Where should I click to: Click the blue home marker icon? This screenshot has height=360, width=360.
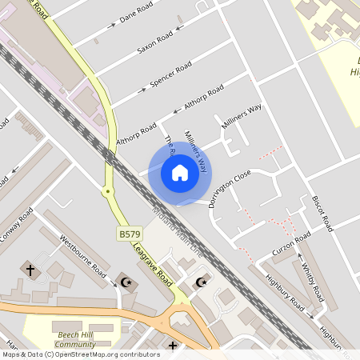click(180, 173)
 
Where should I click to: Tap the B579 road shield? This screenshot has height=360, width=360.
click(130, 234)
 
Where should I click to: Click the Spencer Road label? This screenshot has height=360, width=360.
click(170, 74)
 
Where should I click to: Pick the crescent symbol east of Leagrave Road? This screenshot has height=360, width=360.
click(201, 282)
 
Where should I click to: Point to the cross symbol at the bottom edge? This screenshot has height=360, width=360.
click(172, 346)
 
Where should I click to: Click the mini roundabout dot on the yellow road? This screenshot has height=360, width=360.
click(106, 191)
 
